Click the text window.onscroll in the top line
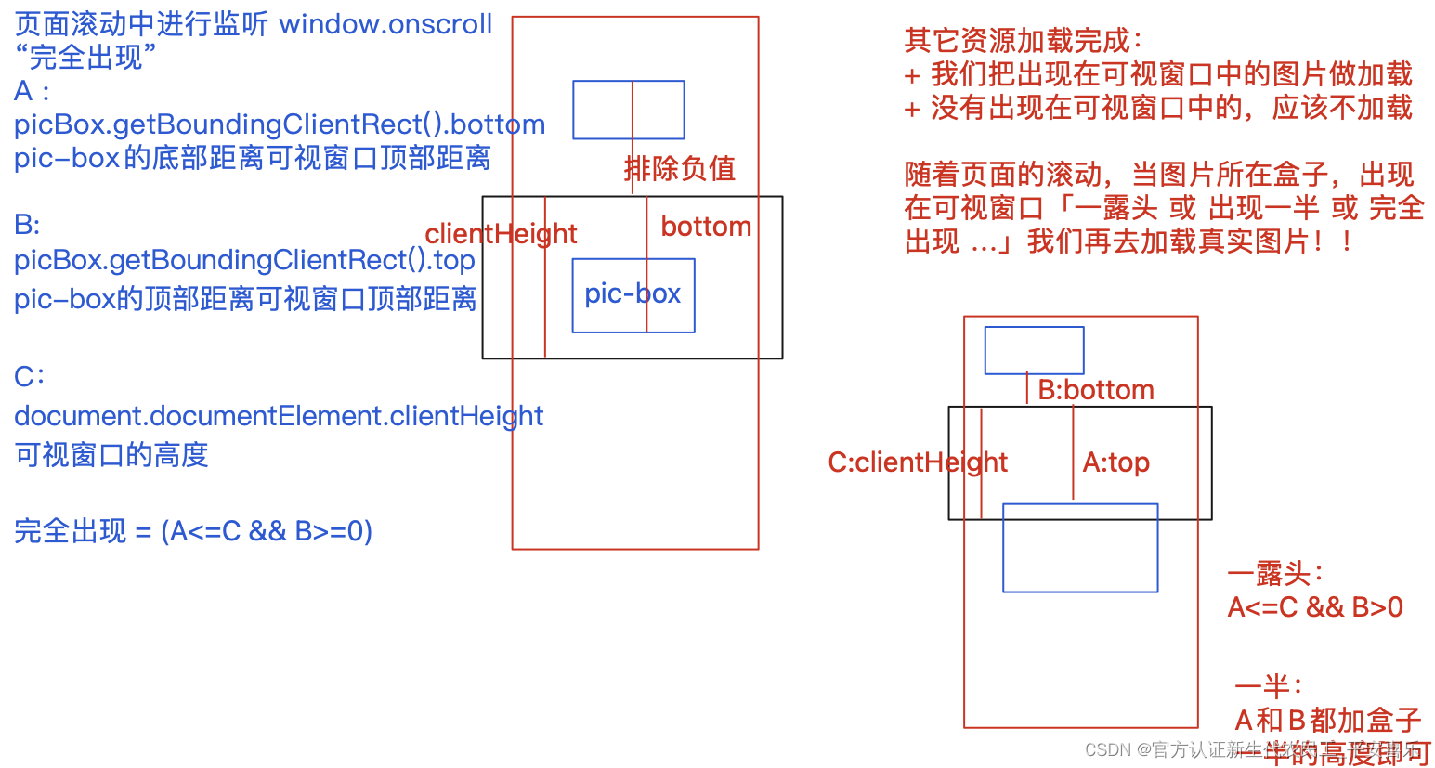click(x=385, y=24)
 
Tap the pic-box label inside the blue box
click(x=633, y=293)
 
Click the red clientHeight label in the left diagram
click(x=501, y=233)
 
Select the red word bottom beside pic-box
click(x=706, y=227)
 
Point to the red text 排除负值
click(x=680, y=168)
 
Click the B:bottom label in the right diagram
click(x=1096, y=390)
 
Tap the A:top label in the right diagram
click(x=1116, y=462)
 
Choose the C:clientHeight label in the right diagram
click(x=918, y=462)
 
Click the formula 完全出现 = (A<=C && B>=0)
click(x=193, y=531)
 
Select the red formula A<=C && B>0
click(x=1315, y=607)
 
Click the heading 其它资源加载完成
click(x=1022, y=40)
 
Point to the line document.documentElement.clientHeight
click(x=279, y=415)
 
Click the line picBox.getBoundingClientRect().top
click(x=244, y=260)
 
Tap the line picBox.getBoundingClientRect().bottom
click(x=279, y=124)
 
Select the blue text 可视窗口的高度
click(x=111, y=455)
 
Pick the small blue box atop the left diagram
click(x=628, y=110)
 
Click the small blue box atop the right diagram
click(x=1034, y=350)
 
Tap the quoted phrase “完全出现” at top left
click(x=85, y=58)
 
